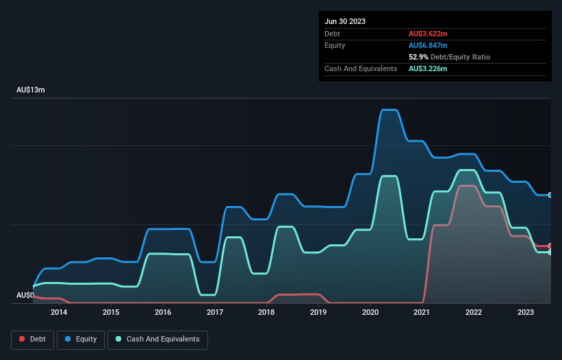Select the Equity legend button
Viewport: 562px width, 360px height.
coord(81,339)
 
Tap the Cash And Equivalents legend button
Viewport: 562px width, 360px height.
coord(157,339)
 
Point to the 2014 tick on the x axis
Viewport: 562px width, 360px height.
coord(59,313)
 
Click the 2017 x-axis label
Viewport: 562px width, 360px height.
coord(215,313)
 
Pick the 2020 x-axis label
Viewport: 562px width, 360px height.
coord(370,313)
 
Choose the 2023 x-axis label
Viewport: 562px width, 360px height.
coord(526,313)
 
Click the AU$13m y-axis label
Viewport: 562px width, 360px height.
coord(30,90)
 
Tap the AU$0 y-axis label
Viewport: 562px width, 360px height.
coord(25,295)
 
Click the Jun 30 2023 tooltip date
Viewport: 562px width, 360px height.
coord(345,21)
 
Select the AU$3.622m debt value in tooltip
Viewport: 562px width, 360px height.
coord(429,34)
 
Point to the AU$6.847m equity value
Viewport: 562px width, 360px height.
coord(429,45)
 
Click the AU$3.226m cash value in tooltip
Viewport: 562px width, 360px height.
coord(429,68)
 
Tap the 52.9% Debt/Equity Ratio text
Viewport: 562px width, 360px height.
coord(449,57)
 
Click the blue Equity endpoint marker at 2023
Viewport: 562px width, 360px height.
coord(550,195)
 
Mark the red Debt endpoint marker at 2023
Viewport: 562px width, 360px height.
coord(550,246)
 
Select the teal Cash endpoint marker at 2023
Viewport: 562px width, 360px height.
coord(550,252)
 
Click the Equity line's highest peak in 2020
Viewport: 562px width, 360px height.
coord(389,110)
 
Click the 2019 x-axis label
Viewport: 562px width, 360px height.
coord(318,313)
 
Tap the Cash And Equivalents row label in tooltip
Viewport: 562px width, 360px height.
coord(361,68)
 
